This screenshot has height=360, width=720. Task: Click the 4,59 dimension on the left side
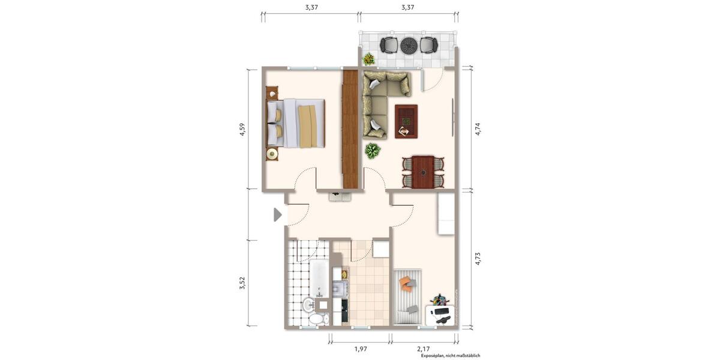point(242,130)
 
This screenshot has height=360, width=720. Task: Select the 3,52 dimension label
point(242,283)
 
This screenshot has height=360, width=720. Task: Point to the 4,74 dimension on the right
point(478,130)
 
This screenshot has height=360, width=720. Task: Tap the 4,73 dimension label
point(478,259)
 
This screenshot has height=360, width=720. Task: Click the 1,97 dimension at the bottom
point(360,348)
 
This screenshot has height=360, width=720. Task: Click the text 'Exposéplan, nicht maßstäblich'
point(450,356)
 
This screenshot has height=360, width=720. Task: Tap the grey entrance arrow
point(278,214)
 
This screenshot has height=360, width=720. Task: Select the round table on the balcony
point(409,44)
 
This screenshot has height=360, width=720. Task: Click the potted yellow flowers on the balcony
point(368,59)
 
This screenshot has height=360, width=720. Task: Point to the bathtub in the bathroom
point(319,278)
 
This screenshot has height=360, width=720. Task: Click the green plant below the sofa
point(373,151)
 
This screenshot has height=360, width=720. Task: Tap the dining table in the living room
point(423,172)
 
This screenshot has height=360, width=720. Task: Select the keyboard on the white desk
point(441,311)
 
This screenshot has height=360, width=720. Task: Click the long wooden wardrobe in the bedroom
point(350,130)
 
